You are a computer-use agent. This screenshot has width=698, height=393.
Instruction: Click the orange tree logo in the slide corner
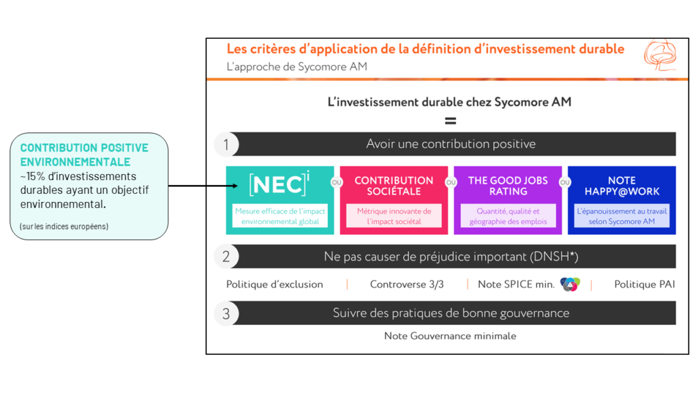coord(660,55)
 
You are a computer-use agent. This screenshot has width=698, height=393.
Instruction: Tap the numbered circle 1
coord(226,145)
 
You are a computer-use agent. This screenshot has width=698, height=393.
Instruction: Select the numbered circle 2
coord(226,257)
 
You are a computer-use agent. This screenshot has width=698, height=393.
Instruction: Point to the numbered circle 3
coord(226,313)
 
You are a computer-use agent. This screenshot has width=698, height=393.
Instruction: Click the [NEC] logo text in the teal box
coord(279,184)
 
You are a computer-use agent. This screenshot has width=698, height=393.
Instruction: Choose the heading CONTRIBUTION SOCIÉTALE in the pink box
coord(394,186)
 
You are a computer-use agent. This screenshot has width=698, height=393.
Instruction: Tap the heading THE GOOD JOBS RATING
coord(508,186)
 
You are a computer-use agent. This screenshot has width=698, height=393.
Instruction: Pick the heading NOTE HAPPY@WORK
coord(622,186)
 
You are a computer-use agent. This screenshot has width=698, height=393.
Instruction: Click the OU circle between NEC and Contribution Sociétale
coord(337,182)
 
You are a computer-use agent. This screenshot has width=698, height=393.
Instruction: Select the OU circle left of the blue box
coord(565,182)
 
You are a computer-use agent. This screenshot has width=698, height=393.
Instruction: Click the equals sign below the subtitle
coord(451,121)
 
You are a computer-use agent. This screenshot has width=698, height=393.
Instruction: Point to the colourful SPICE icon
coord(570,285)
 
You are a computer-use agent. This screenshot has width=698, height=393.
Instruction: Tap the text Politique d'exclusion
coord(275,285)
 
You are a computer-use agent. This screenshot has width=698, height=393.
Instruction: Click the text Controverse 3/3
coord(407,285)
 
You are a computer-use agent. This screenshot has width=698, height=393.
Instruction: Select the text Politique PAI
coord(645,285)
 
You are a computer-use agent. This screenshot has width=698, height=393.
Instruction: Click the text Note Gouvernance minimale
coord(450,336)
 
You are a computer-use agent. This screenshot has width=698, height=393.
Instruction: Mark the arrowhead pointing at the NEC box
coord(234,186)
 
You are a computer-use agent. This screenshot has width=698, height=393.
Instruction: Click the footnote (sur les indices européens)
coord(64,227)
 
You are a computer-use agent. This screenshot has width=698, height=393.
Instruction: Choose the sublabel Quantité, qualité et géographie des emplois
coord(508,216)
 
